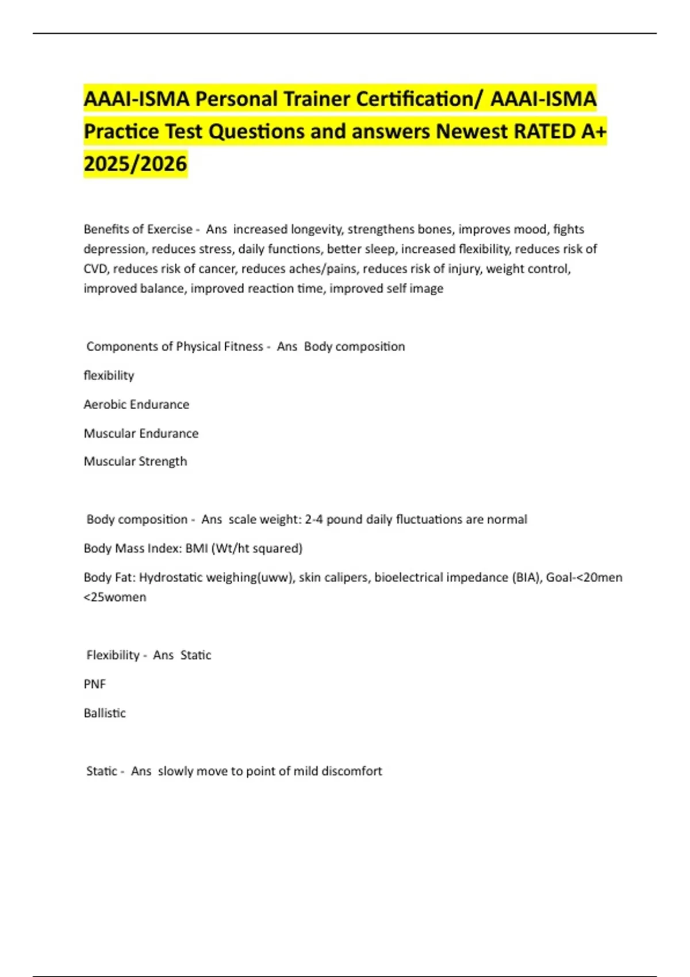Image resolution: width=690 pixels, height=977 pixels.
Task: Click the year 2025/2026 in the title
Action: pyautogui.click(x=135, y=164)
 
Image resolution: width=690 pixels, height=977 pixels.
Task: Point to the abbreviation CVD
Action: pyautogui.click(x=95, y=268)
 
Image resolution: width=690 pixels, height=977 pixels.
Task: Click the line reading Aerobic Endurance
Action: pyautogui.click(x=136, y=405)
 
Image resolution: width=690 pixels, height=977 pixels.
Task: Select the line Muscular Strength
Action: pyautogui.click(x=135, y=461)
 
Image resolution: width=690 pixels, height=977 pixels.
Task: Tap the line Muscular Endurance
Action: pyautogui.click(x=141, y=433)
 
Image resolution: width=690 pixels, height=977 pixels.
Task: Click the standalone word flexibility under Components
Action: pyautogui.click(x=109, y=376)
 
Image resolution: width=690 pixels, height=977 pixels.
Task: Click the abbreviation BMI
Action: pyautogui.click(x=197, y=548)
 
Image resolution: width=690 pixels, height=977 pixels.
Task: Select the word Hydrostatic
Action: pyautogui.click(x=170, y=578)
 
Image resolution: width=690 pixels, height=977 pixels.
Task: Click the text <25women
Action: pyautogui.click(x=115, y=597)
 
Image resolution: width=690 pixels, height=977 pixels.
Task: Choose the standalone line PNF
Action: pyautogui.click(x=95, y=684)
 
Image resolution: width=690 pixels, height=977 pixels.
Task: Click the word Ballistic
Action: pyautogui.click(x=105, y=713)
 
